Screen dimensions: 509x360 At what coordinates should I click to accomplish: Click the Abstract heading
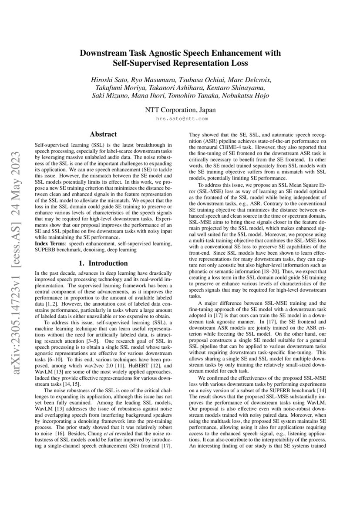pos(103,135)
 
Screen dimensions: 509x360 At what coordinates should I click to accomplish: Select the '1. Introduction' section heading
pos(103,263)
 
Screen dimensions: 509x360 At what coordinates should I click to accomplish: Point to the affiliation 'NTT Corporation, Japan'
pos(180,110)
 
